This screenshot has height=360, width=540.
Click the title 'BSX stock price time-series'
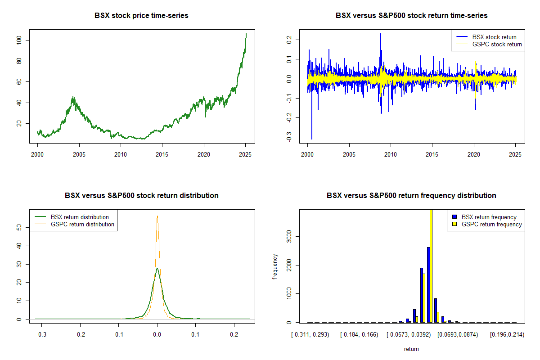point(141,16)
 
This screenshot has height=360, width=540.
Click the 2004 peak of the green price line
point(73,97)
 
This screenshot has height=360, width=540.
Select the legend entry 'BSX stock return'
point(494,37)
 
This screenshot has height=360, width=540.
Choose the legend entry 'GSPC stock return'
point(497,44)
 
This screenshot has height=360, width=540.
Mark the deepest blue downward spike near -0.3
point(312,139)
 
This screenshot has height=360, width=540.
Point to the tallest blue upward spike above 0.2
point(380,34)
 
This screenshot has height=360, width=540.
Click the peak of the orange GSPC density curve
point(157,216)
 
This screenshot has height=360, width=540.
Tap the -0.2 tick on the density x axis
point(80,335)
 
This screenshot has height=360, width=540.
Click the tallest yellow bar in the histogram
point(431,265)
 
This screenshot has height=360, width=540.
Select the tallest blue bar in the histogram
point(428,284)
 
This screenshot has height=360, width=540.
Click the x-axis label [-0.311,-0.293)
point(310,335)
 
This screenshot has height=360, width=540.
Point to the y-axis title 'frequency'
point(275,266)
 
